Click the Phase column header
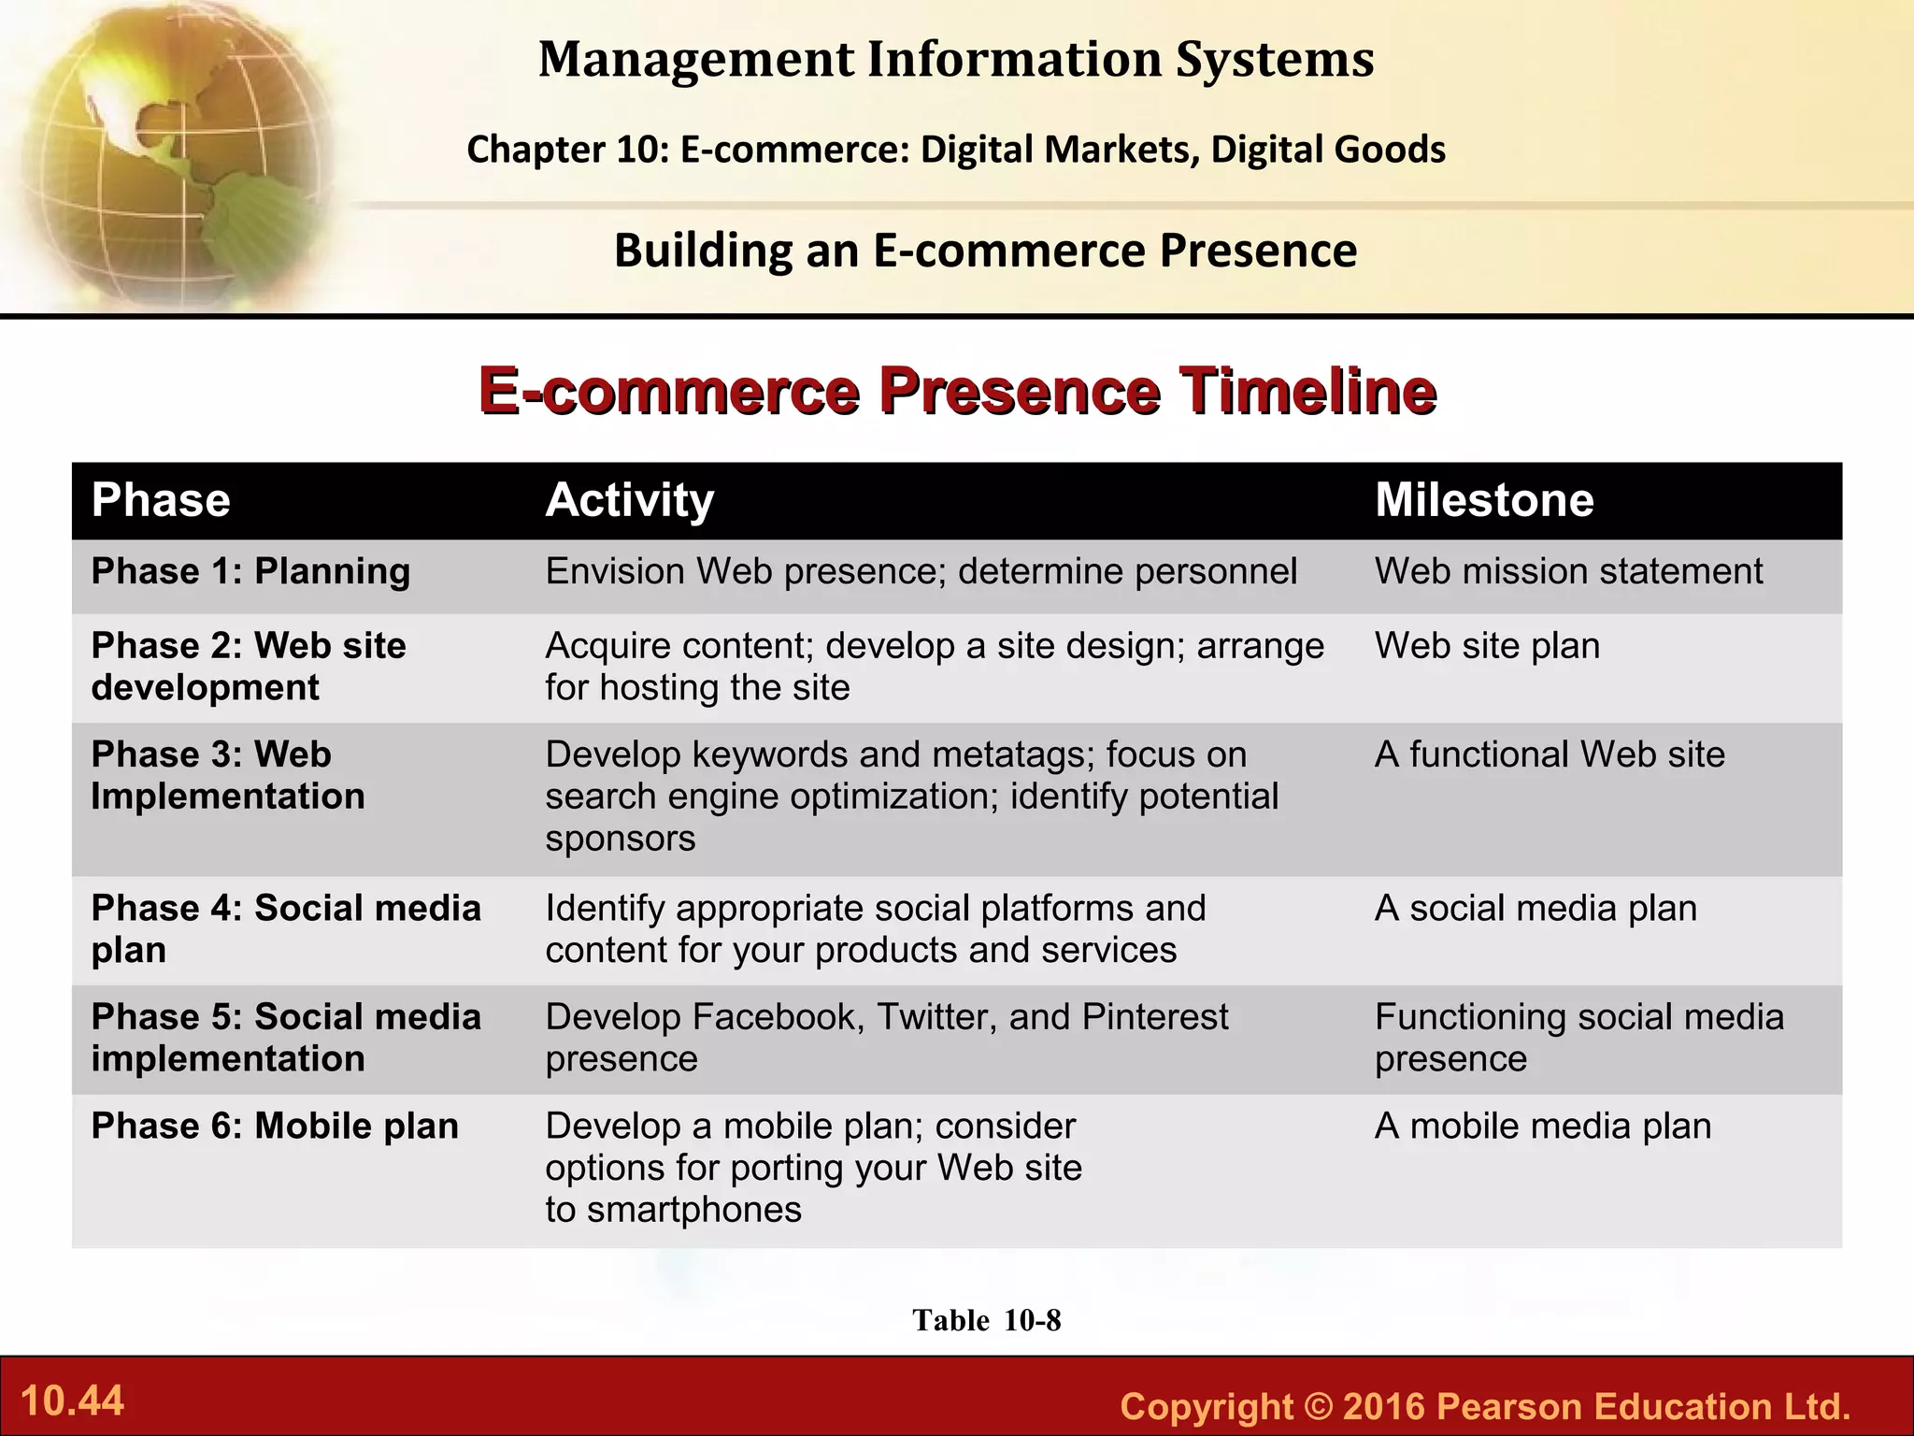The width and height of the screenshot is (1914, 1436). [x=161, y=500]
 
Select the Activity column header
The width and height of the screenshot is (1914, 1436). [x=629, y=500]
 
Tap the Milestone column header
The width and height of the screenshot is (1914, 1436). [x=1483, y=500]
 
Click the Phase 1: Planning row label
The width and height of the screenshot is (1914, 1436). [x=250, y=571]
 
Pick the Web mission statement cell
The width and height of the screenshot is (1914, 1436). [x=1568, y=571]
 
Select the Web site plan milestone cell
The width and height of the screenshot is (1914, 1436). [x=1487, y=646]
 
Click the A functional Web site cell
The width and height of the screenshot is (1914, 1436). [x=1550, y=754]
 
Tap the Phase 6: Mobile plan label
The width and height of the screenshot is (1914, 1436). [x=275, y=1126]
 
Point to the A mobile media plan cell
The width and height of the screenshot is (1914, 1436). [x=1543, y=1126]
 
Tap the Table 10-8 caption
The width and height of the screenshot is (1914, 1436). [x=986, y=1320]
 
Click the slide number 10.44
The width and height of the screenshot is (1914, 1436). [x=72, y=1400]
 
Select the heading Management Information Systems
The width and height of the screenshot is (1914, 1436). [x=956, y=59]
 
